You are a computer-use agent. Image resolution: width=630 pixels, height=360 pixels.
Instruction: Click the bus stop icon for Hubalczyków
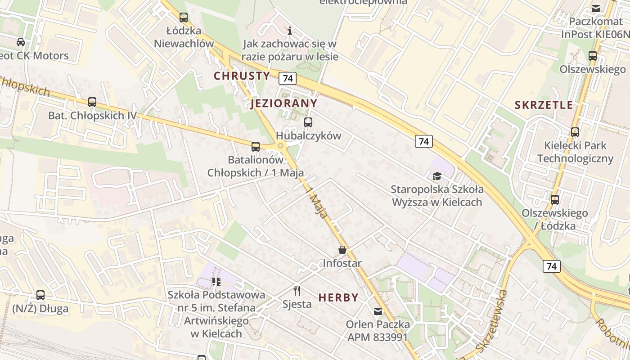[308, 122]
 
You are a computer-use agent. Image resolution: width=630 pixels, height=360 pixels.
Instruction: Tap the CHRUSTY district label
[242, 76]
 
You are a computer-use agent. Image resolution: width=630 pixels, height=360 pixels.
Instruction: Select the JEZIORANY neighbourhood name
[284, 103]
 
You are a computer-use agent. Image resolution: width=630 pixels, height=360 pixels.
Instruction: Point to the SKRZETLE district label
[544, 105]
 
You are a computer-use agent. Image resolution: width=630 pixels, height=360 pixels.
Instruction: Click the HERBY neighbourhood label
[338, 297]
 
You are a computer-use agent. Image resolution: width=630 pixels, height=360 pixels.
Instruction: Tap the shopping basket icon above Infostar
[342, 250]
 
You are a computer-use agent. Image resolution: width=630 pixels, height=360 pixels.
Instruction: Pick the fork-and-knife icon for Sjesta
[297, 291]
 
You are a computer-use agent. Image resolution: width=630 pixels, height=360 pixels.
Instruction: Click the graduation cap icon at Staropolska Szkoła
[436, 176]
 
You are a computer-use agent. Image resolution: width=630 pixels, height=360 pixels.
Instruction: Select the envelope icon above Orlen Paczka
[378, 311]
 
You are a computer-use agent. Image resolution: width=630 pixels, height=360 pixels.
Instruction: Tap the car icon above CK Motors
[21, 42]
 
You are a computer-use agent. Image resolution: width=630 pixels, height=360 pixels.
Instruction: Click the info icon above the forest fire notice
[290, 31]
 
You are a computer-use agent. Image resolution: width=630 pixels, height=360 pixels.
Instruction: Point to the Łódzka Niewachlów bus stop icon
[184, 18]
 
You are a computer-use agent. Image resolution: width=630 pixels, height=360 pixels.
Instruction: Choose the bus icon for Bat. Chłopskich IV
[92, 102]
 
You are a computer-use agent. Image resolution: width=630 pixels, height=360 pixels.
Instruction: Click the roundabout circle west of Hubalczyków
[281, 145]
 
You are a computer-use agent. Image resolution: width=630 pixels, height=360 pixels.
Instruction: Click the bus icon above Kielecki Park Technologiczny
[575, 132]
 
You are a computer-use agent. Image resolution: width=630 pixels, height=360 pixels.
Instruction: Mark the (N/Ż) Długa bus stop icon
[40, 295]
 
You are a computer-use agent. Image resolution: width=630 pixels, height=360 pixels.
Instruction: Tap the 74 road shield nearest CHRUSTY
[288, 78]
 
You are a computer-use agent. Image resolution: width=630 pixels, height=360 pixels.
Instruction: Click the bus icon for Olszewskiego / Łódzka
[555, 200]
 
